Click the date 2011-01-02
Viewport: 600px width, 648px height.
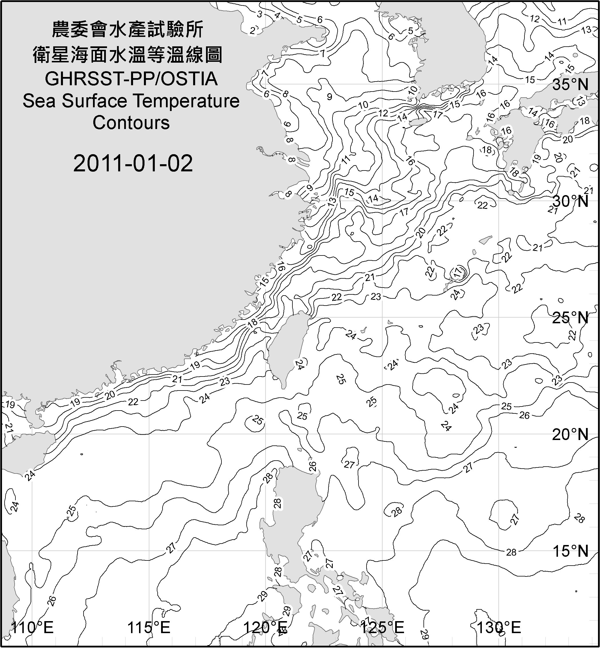(x=133, y=163)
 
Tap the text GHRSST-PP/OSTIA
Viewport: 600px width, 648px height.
(x=131, y=79)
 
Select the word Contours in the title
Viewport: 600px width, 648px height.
(x=131, y=123)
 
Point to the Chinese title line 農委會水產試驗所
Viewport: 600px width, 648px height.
(x=128, y=29)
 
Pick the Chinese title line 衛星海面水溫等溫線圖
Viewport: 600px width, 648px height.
(x=128, y=55)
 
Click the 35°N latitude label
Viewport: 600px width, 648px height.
(x=570, y=85)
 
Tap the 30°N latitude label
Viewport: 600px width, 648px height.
(x=570, y=202)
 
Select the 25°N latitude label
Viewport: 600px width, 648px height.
(x=570, y=318)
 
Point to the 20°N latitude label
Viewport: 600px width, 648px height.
(x=570, y=434)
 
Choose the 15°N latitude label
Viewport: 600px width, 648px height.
(x=570, y=551)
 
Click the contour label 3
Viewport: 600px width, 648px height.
(x=260, y=14)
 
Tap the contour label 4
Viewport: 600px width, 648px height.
(x=277, y=15)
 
